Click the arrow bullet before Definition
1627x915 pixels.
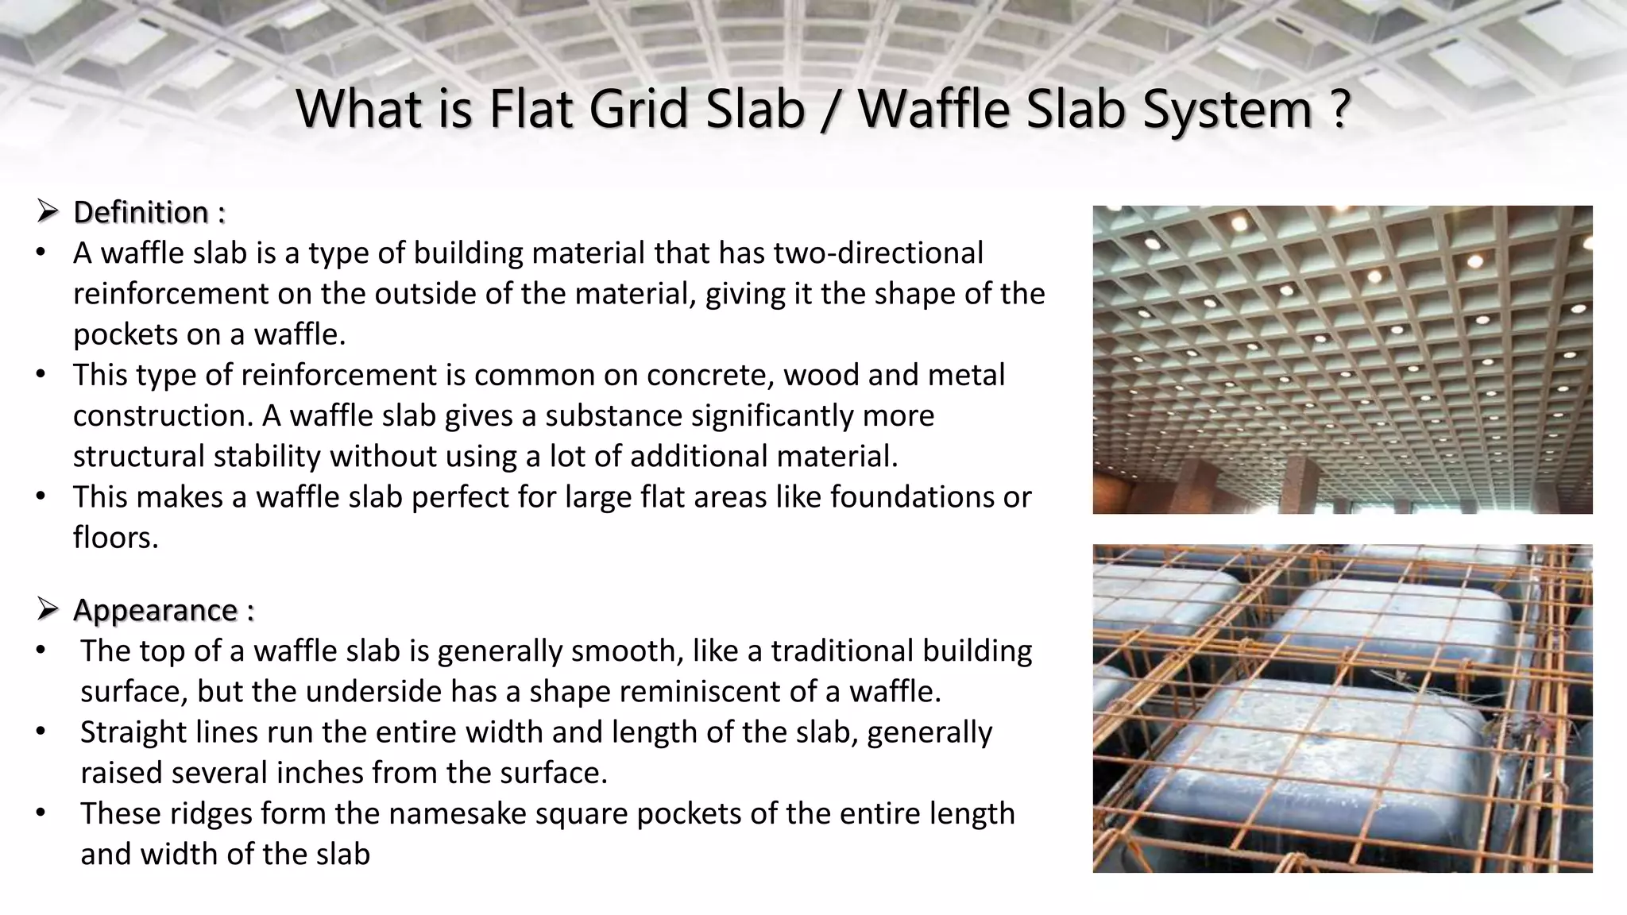pyautogui.click(x=48, y=212)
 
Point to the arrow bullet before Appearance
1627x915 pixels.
pyautogui.click(x=48, y=610)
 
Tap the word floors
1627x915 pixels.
pyautogui.click(x=116, y=539)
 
